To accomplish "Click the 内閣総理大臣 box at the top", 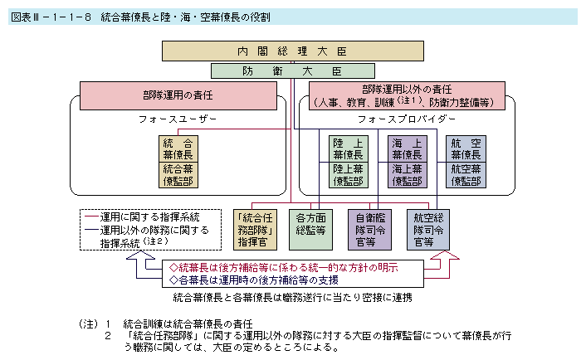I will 292,51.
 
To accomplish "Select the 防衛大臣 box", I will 293,71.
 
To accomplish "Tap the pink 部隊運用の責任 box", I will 178,96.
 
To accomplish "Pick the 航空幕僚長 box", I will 466,148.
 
